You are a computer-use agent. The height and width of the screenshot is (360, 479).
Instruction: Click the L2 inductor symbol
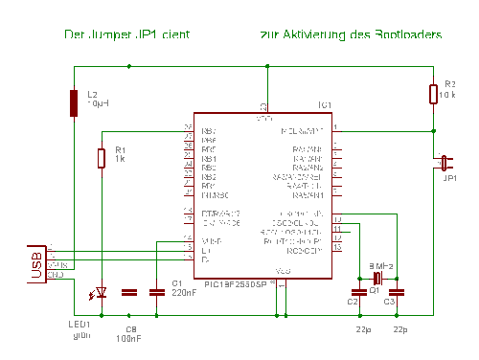pyautogui.click(x=74, y=102)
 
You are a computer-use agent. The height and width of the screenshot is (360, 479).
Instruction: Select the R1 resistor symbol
pyautogui.click(x=102, y=158)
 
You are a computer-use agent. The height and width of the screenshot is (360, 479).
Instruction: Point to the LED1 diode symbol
pyautogui.click(x=102, y=291)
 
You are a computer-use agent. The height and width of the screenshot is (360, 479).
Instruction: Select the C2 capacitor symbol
pyautogui.click(x=358, y=291)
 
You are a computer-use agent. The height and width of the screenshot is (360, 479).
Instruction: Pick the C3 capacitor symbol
pyautogui.click(x=400, y=291)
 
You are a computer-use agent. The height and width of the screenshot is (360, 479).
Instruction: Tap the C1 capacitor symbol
pyautogui.click(x=158, y=291)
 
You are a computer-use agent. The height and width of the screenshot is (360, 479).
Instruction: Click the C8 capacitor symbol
pyautogui.click(x=130, y=291)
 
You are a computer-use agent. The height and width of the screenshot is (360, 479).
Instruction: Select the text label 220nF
pyautogui.click(x=184, y=293)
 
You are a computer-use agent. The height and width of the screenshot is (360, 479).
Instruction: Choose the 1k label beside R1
pyautogui.click(x=120, y=158)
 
